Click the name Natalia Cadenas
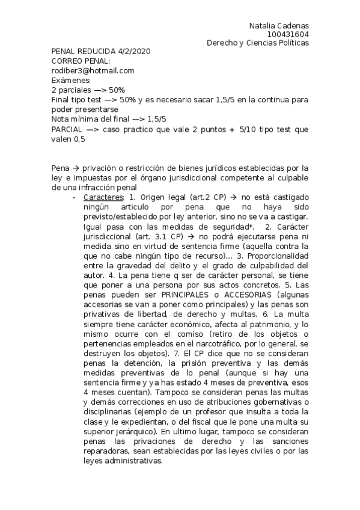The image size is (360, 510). coord(279,26)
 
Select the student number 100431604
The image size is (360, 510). coord(288,34)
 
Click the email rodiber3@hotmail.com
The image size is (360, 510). coord(93,70)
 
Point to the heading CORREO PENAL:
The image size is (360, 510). coord(81,61)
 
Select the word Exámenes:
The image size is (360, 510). coord(71,80)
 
